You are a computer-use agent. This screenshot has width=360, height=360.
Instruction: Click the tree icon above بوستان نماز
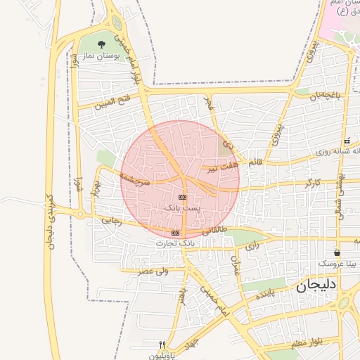pyautogui.click(x=103, y=45)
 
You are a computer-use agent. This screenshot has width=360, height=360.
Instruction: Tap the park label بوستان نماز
pyautogui.click(x=101, y=55)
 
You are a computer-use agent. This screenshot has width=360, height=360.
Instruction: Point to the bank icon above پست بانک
pyautogui.click(x=182, y=198)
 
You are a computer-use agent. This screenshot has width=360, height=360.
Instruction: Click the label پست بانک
pyautogui.click(x=182, y=208)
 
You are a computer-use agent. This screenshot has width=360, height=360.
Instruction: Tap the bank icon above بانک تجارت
pyautogui.click(x=175, y=233)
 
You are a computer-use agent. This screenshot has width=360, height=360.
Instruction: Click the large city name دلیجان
pyautogui.click(x=317, y=285)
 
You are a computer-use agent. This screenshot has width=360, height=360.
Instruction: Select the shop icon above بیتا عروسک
pyautogui.click(x=337, y=252)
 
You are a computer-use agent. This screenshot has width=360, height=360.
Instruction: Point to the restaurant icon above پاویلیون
pyautogui.click(x=162, y=345)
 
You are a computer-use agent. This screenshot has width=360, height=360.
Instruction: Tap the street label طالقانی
pyautogui.click(x=215, y=230)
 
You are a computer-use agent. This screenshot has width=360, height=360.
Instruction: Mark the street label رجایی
pyautogui.click(x=112, y=219)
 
